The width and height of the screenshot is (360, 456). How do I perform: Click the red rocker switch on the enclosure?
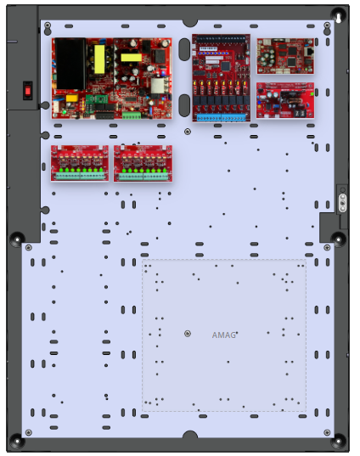tap(28, 91)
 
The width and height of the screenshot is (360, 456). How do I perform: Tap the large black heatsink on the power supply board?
tap(70, 64)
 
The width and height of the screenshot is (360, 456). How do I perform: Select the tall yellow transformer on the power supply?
tap(99, 59)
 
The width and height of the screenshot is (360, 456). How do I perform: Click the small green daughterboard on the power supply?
tap(96, 99)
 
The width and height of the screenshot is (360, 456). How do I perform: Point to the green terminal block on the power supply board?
tap(132, 115)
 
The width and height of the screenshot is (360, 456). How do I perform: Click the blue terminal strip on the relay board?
tap(222, 118)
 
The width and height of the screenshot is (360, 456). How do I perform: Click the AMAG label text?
tap(223, 335)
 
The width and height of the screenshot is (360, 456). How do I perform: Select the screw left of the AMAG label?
tap(188, 334)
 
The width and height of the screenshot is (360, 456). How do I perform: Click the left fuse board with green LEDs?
tap(80, 163)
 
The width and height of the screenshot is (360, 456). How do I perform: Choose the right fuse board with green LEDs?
tap(143, 163)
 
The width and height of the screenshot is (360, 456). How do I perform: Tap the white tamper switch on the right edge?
tap(343, 203)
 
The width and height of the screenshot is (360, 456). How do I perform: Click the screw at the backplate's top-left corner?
tap(48, 25)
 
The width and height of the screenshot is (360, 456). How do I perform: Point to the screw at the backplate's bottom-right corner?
tap(327, 432)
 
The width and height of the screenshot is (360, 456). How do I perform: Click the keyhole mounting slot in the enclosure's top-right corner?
tap(339, 17)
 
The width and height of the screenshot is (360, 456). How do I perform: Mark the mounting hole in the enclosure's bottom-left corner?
tap(17, 442)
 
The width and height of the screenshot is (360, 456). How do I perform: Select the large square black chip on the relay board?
tap(225, 65)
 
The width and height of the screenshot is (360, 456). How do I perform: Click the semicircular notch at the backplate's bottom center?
tap(189, 434)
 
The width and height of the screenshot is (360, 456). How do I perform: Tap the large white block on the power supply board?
tap(157, 86)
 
